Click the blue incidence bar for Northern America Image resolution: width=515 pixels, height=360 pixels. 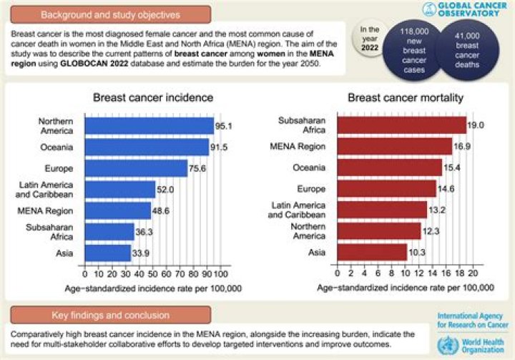coord(149,126)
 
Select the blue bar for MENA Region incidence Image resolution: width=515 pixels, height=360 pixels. coord(117,210)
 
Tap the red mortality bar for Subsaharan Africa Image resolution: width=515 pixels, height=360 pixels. coord(396,125)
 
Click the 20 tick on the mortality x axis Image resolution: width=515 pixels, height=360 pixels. coord(473,274)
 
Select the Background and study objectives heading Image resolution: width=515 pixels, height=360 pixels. coord(111,14)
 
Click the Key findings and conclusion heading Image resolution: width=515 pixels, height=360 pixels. coord(111,315)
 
